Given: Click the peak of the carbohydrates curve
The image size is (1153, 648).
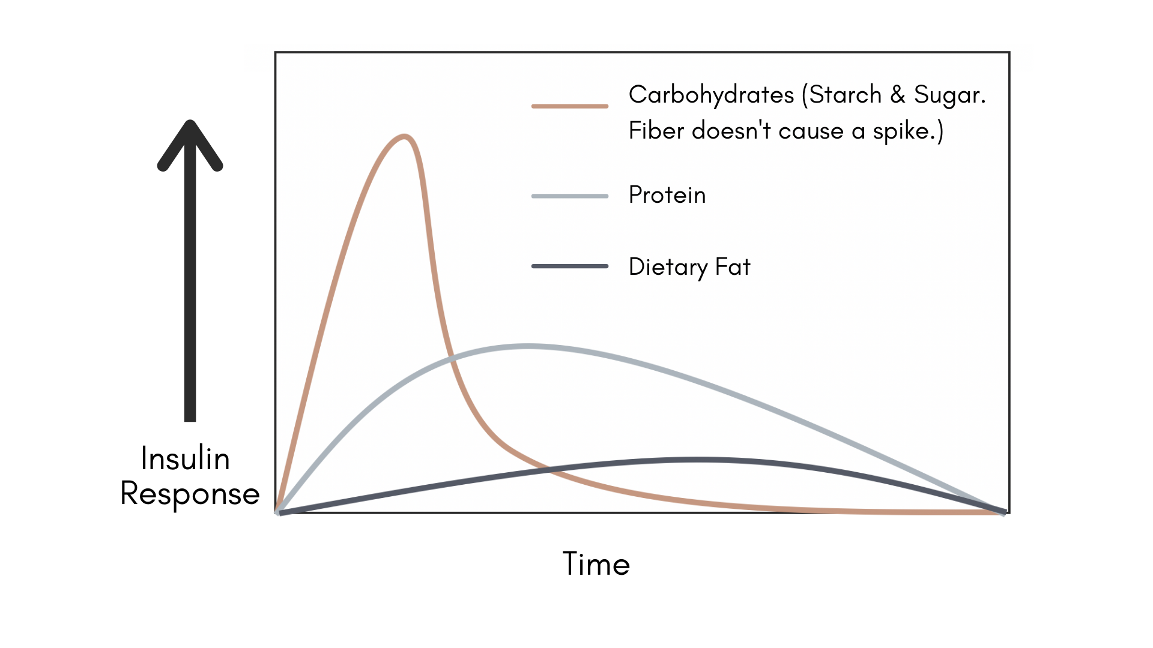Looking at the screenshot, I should click(405, 137).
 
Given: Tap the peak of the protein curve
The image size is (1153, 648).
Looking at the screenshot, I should click(527, 346).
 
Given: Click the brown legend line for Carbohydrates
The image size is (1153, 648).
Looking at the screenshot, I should click(570, 106).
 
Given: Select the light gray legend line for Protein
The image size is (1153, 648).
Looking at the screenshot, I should click(570, 196).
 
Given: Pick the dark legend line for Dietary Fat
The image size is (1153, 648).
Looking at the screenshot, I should click(570, 266).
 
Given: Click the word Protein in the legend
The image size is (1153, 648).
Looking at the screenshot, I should click(667, 195).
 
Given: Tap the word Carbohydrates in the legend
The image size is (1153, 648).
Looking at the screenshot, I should click(711, 95).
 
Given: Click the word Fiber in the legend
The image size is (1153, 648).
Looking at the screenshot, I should click(656, 131).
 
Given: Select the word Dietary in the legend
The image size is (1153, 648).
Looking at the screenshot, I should click(668, 267).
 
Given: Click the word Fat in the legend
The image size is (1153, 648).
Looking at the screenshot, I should click(733, 267).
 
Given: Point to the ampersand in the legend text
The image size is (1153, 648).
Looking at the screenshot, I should click(898, 95).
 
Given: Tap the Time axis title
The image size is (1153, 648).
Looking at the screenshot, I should click(596, 564).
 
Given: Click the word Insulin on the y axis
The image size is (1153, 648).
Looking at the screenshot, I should click(186, 459).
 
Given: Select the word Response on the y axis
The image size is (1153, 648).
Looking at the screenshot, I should click(190, 494).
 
